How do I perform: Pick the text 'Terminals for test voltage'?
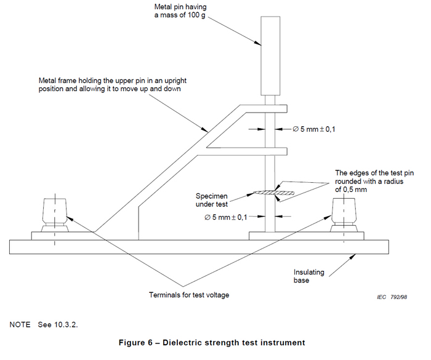[189, 295]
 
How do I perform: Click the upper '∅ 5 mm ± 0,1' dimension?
[313, 129]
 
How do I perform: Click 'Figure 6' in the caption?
[143, 342]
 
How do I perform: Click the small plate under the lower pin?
[270, 236]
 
